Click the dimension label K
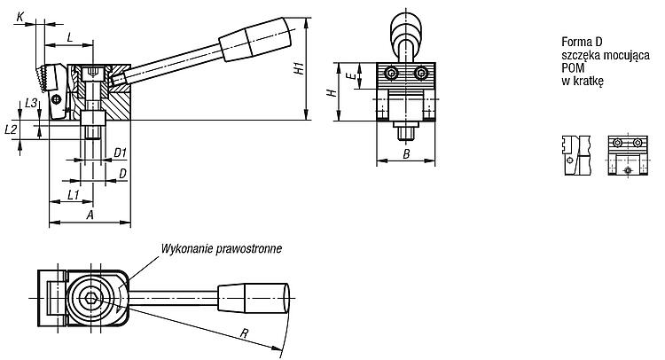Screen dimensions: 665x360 (20, 17)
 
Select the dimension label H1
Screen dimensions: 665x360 (299, 68)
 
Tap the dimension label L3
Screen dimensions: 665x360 (31, 103)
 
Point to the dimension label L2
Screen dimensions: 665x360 (11, 129)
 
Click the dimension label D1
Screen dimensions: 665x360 (121, 153)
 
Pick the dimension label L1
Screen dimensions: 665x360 (74, 194)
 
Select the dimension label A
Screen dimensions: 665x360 (90, 215)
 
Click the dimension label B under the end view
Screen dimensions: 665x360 (406, 154)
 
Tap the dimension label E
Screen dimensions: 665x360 (350, 76)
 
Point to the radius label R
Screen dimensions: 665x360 (244, 333)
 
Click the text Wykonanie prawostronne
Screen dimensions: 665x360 (221, 248)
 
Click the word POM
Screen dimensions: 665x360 (573, 68)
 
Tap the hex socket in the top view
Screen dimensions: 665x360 (90, 298)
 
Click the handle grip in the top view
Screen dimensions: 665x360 (254, 299)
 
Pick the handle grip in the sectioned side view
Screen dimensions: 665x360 (254, 39)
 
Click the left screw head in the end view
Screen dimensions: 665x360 (392, 74)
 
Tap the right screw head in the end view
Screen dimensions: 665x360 (420, 74)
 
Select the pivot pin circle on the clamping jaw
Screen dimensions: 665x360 (56, 99)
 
